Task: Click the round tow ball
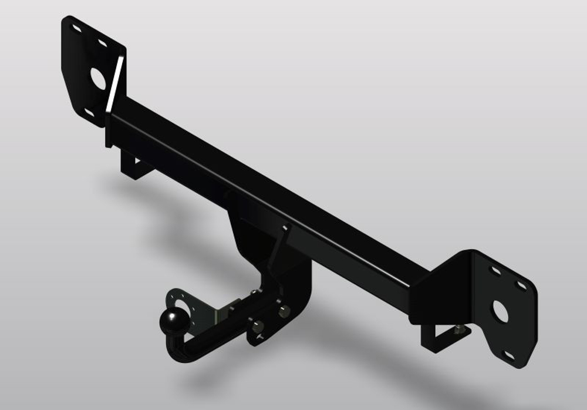coord(174,321)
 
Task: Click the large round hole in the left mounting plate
coord(97,78)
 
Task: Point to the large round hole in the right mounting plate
coord(500,311)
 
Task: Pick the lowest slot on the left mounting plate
coord(89,112)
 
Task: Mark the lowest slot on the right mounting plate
coord(509,355)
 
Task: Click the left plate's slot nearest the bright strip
coord(103,43)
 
